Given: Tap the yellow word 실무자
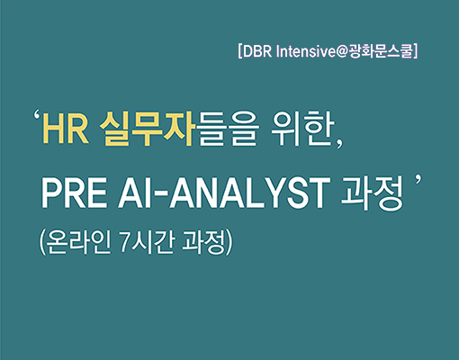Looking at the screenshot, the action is [x=146, y=130].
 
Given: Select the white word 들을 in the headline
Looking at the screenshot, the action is [x=229, y=130].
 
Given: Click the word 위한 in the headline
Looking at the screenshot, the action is [x=303, y=130].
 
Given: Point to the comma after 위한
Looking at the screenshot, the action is [x=340, y=144].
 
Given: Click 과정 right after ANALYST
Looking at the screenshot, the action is [x=373, y=193].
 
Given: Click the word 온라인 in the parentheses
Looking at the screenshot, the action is [x=79, y=242].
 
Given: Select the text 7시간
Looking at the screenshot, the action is [x=147, y=242].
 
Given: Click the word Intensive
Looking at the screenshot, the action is [x=305, y=52].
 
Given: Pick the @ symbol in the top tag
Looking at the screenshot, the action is [x=342, y=52].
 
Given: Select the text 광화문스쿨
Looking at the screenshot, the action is [x=381, y=51].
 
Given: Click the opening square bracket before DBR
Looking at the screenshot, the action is [x=240, y=51].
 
